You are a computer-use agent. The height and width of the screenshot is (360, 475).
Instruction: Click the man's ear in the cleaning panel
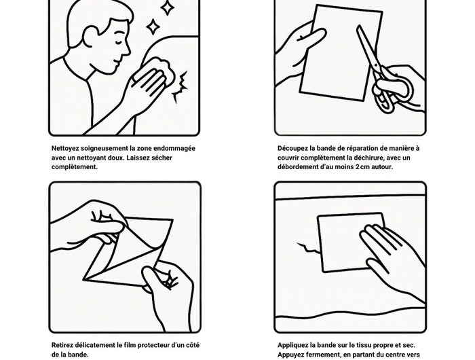90,36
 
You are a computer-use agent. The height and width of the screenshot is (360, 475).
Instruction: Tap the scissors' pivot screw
376,65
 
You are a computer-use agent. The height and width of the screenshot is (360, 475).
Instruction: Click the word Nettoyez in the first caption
65,149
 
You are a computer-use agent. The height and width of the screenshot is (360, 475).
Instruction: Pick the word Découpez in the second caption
291,149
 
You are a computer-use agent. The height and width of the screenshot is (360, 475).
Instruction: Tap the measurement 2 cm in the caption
362,167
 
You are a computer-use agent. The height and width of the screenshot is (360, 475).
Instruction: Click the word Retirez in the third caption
62,345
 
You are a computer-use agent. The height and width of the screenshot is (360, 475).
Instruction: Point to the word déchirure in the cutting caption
370,158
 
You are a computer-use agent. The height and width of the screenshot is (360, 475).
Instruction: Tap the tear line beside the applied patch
308,248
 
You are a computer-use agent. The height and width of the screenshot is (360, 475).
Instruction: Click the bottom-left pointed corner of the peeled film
83,278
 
